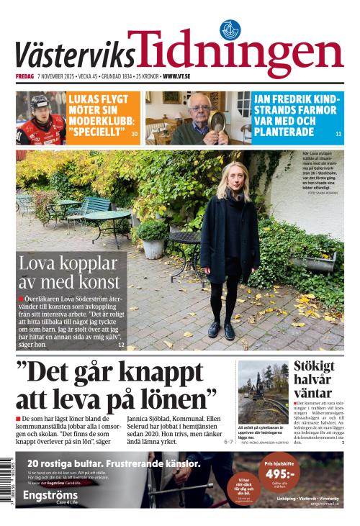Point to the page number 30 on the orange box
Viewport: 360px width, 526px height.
click(135, 134)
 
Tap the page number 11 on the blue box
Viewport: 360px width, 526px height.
click(338, 135)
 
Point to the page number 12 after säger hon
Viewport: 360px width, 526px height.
click(121, 345)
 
